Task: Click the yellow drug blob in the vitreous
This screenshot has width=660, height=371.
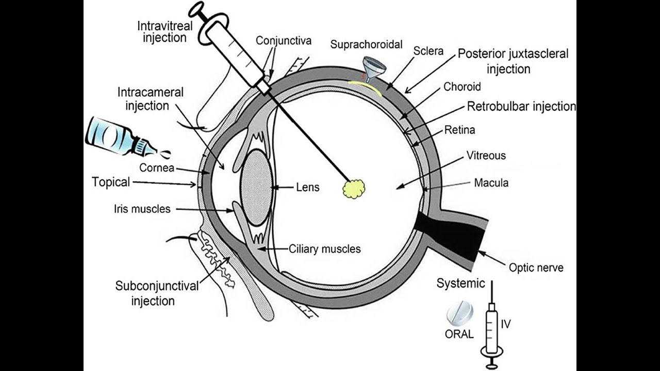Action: click(x=354, y=189)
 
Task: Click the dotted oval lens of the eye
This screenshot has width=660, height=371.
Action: click(x=256, y=187)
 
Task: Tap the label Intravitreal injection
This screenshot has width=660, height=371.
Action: click(x=165, y=31)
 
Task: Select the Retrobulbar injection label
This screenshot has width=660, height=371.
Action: click(x=521, y=106)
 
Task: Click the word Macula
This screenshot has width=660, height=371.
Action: click(x=491, y=183)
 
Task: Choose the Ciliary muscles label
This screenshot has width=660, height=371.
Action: click(x=324, y=249)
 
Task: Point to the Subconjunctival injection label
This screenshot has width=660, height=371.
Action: click(x=157, y=293)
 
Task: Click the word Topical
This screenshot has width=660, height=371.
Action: click(x=111, y=182)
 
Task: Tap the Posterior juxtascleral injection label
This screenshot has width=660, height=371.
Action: click(x=513, y=61)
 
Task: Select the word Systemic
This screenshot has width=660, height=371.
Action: click(x=460, y=283)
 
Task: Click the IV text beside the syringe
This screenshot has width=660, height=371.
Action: click(x=506, y=324)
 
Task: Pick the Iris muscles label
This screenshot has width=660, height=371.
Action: click(x=142, y=209)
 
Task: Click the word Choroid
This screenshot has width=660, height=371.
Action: click(x=462, y=87)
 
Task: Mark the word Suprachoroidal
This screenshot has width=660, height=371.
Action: click(x=366, y=45)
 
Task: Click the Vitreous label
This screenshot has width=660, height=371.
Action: click(x=486, y=156)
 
